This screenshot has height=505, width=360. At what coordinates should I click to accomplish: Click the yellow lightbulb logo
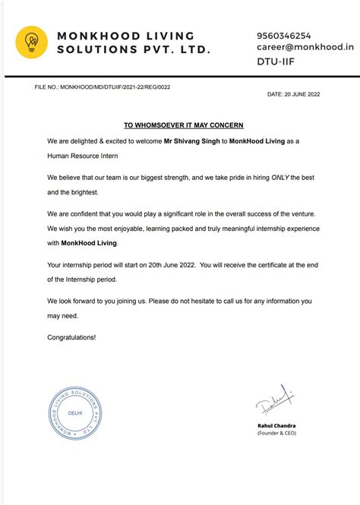[x=32, y=43]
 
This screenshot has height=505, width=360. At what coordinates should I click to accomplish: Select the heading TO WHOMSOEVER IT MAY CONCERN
[x=184, y=125]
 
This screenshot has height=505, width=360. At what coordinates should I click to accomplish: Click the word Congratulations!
[x=72, y=336]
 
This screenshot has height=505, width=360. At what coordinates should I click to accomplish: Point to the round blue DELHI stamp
[x=74, y=412]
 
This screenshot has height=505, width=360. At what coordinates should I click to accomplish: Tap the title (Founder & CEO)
[x=276, y=433]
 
